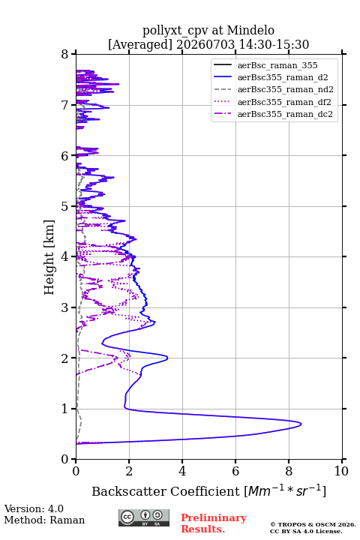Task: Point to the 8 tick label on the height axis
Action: point(65,54)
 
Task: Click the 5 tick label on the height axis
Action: point(65,206)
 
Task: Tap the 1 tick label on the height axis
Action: point(65,409)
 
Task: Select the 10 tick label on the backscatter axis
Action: point(341,471)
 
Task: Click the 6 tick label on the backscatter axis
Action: point(235,471)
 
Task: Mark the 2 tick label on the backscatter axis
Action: point(129,471)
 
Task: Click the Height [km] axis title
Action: point(49,257)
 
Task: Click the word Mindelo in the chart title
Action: point(250,30)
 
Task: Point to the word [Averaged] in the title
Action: point(139,44)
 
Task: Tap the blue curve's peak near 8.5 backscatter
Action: point(301,424)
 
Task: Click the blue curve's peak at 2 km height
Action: point(167,358)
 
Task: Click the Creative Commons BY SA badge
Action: point(144,517)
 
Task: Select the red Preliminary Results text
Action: point(214,523)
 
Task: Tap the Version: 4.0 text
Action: point(34,508)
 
